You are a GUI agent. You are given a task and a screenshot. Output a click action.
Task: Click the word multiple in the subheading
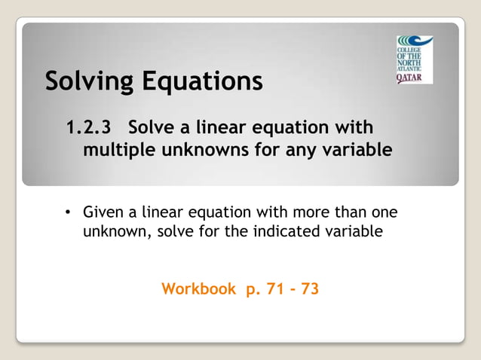118,150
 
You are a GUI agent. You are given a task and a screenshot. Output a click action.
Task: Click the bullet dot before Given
67,212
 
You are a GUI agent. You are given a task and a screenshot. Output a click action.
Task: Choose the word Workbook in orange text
198,288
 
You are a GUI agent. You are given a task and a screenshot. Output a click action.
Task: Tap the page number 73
309,288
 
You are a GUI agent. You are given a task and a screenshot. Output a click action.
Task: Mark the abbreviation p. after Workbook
250,289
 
